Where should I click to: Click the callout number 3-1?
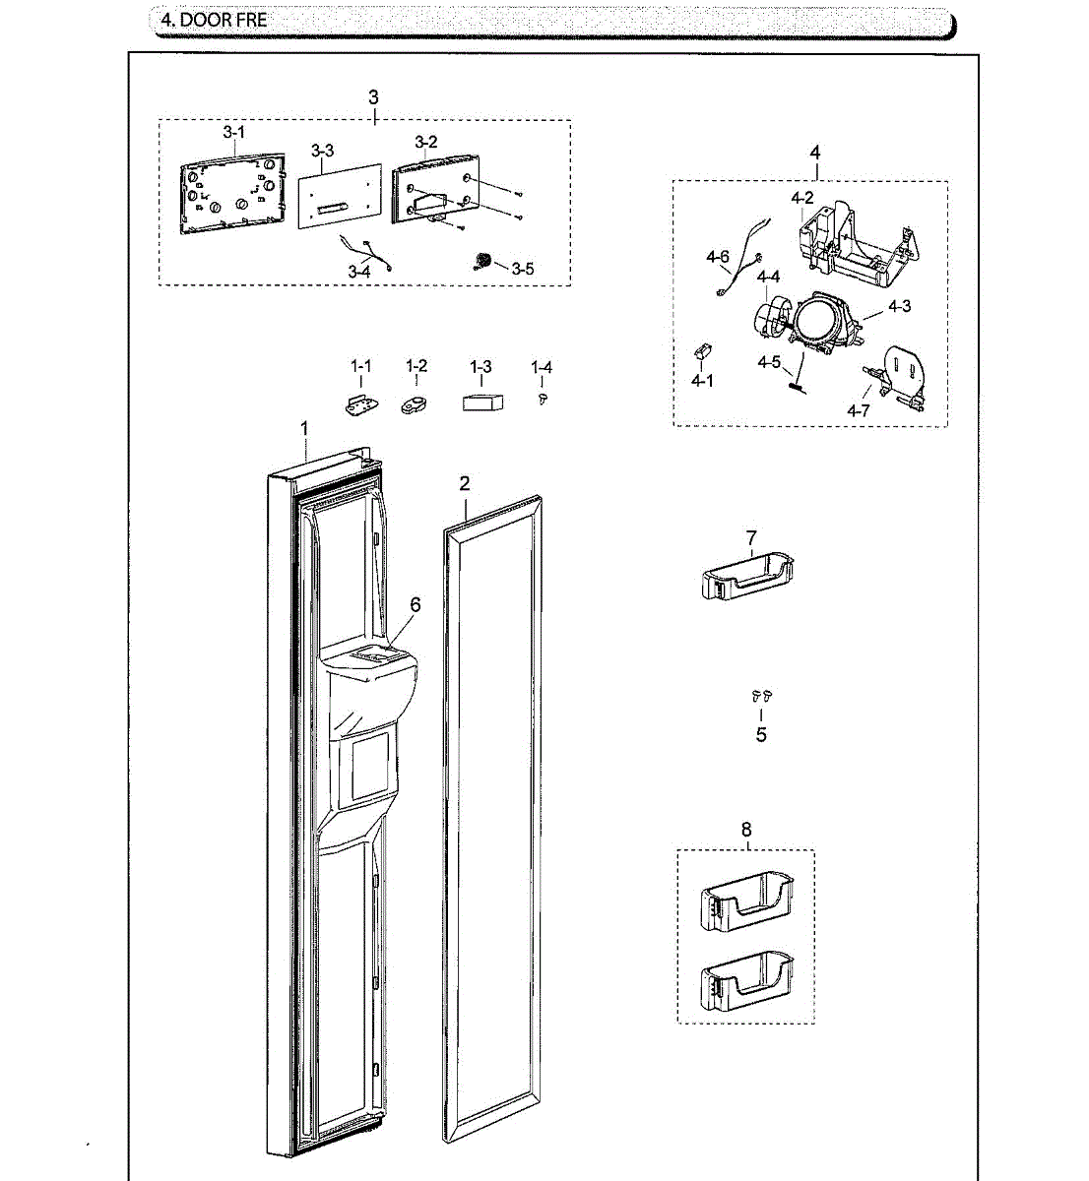(x=233, y=132)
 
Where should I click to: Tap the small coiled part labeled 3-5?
(x=483, y=261)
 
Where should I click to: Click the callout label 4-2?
(x=802, y=198)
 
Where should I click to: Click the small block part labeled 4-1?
(x=702, y=351)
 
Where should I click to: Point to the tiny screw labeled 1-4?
(x=542, y=397)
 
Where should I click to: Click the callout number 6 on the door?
(x=416, y=604)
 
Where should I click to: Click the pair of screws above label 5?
(x=761, y=696)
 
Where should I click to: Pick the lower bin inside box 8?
(x=746, y=985)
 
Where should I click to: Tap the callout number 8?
(x=745, y=830)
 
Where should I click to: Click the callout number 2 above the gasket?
(x=465, y=483)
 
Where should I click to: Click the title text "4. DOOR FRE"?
(x=214, y=20)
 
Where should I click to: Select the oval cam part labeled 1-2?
(x=416, y=404)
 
